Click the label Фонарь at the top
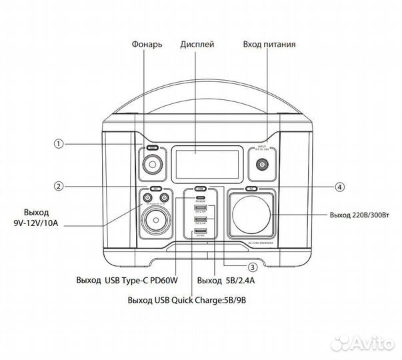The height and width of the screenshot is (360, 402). (x=147, y=45)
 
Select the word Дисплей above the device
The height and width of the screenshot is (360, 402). (x=197, y=45)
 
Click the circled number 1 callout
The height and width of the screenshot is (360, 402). (x=59, y=143)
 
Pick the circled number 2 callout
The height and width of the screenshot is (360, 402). (x=59, y=187)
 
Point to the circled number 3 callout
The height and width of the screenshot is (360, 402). (x=252, y=267)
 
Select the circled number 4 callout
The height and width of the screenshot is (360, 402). (x=340, y=187)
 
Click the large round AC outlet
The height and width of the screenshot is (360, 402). (x=252, y=215)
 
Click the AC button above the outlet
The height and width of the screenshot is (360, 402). (x=252, y=189)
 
